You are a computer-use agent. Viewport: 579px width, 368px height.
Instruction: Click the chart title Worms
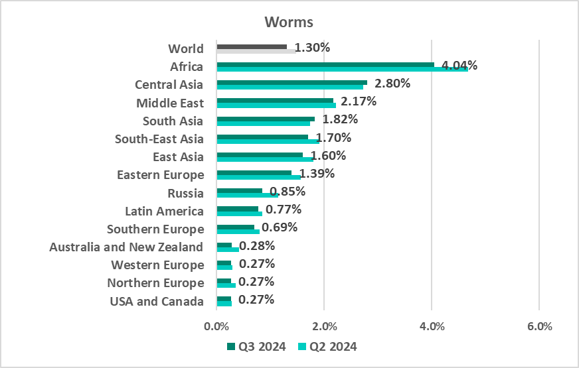coord(288,21)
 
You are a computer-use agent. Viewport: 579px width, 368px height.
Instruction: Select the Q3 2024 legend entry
coord(256,346)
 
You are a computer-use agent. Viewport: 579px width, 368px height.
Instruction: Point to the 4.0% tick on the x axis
coord(432,326)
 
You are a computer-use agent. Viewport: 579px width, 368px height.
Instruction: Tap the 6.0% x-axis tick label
coord(538,326)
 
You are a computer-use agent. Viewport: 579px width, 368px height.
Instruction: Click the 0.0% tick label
coord(216,326)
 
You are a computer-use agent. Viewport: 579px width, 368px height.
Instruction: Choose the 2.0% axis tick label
coord(324,326)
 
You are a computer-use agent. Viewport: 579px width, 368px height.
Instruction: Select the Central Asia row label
coord(169,85)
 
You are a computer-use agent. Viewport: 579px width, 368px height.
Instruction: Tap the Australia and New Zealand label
coord(126,247)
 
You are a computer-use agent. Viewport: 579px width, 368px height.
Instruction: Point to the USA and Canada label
coord(157,302)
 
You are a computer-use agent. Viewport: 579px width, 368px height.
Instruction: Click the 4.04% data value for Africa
coord(459,66)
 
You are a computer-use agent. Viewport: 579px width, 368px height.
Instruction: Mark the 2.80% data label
coord(392,84)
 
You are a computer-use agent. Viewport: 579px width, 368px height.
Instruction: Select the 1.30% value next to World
coord(312,48)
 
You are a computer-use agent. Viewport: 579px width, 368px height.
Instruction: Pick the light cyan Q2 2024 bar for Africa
coord(342,69)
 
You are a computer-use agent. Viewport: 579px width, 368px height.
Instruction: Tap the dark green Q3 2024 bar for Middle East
coord(274,100)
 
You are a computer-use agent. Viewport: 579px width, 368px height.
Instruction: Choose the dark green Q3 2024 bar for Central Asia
coord(291,82)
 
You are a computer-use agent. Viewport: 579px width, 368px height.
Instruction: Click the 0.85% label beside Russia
coord(287,192)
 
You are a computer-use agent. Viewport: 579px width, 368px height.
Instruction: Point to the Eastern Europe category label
coord(160,175)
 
